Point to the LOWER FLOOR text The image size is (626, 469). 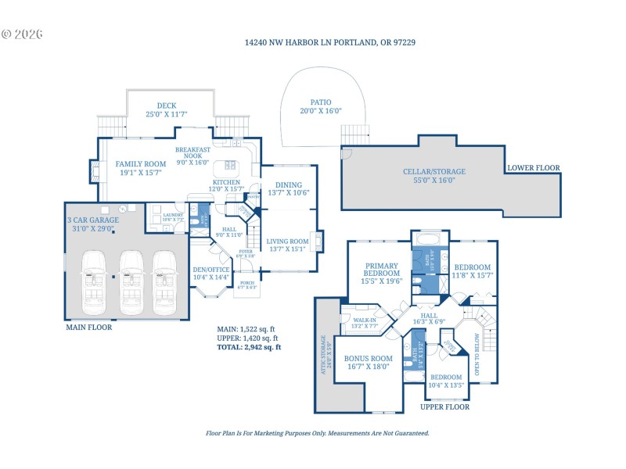click(534, 167)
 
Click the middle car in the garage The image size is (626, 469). click(131, 277)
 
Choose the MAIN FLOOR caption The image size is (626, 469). click(88, 328)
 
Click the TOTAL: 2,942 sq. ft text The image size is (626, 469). click(248, 346)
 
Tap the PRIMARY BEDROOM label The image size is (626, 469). click(381, 277)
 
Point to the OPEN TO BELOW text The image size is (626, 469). click(474, 355)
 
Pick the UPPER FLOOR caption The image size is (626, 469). click(444, 407)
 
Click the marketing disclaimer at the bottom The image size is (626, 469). click(317, 432)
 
